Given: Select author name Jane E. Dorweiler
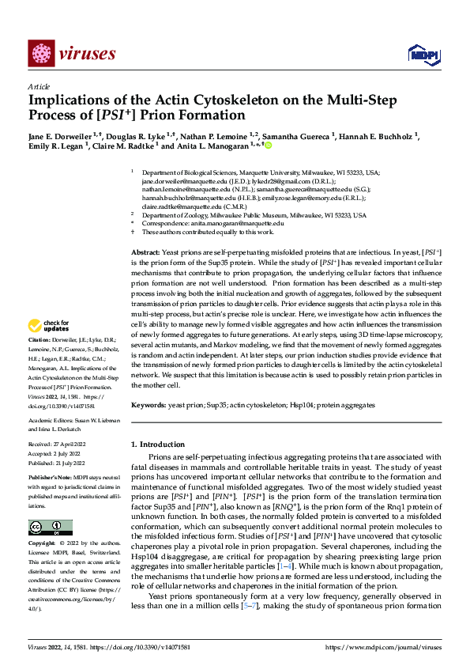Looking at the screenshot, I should pyautogui.click(x=59, y=137).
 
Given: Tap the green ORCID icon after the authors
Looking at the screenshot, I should pyautogui.click(x=268, y=146).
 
